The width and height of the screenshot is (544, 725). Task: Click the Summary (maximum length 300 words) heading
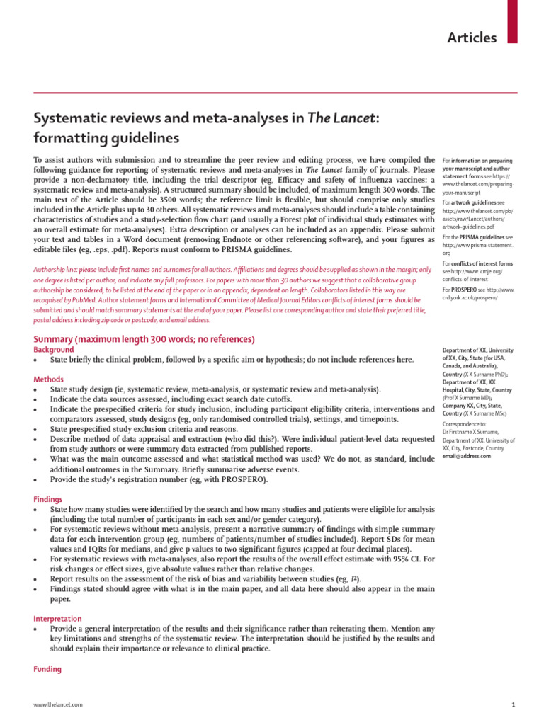(144, 340)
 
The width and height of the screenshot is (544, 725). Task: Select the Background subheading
(54, 350)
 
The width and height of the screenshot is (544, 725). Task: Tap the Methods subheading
(50, 379)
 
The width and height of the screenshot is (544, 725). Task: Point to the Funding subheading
(48, 669)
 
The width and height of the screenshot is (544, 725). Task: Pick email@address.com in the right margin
(467, 457)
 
